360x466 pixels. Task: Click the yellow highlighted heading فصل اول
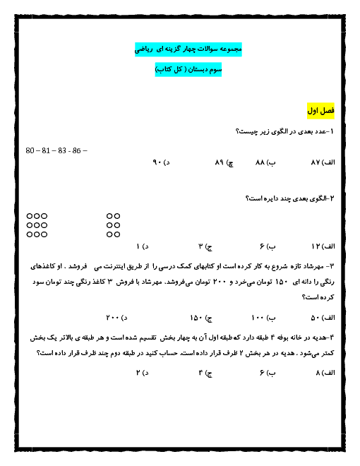click(320, 111)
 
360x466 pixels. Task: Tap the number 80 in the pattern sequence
click(30, 150)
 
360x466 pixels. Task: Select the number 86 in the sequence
click(76, 150)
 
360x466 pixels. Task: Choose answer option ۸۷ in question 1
click(316, 162)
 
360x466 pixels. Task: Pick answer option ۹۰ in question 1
click(157, 162)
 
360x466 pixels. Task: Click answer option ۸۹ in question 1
click(220, 162)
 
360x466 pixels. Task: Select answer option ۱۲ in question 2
click(316, 246)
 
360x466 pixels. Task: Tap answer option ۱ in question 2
click(138, 246)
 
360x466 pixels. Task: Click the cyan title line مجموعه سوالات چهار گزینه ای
click(188, 49)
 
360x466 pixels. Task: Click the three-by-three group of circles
click(37, 225)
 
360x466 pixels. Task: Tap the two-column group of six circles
click(113, 225)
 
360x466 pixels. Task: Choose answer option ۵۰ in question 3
click(315, 318)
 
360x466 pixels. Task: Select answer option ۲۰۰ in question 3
click(112, 318)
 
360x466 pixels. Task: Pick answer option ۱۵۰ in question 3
click(196, 318)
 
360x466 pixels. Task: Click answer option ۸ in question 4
click(318, 373)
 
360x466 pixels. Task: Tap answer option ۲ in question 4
click(138, 373)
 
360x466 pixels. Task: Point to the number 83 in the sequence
click(62, 150)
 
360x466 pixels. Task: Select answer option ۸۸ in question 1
click(260, 162)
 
